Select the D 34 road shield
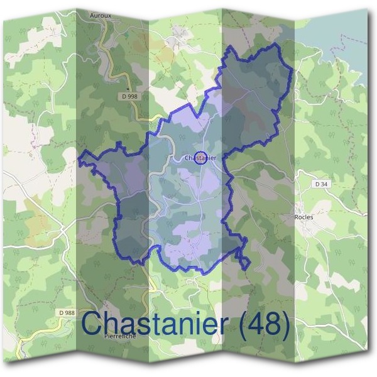coord(320,184)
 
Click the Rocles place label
coord(304,217)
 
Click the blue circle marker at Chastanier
coord(200,157)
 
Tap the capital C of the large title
coord(93,324)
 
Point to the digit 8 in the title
coord(275,324)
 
